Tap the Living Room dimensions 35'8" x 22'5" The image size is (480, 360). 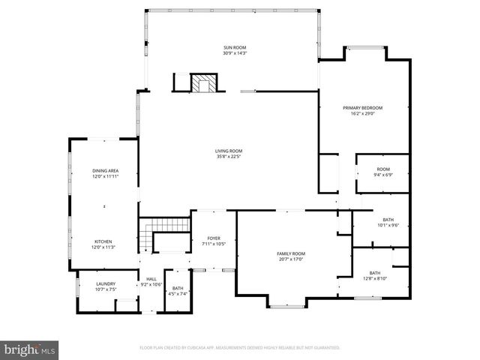point(229,156)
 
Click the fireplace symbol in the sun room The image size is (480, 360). point(202,83)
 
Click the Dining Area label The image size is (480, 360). point(105,171)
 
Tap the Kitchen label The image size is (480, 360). point(103,241)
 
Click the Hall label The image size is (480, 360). point(151,279)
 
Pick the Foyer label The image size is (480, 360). point(214,238)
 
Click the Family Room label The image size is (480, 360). point(291,253)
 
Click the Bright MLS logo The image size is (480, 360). point(30,349)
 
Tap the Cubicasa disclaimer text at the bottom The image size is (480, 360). point(240,348)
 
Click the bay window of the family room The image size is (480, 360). point(287,304)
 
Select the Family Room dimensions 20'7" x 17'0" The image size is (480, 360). point(291,259)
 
